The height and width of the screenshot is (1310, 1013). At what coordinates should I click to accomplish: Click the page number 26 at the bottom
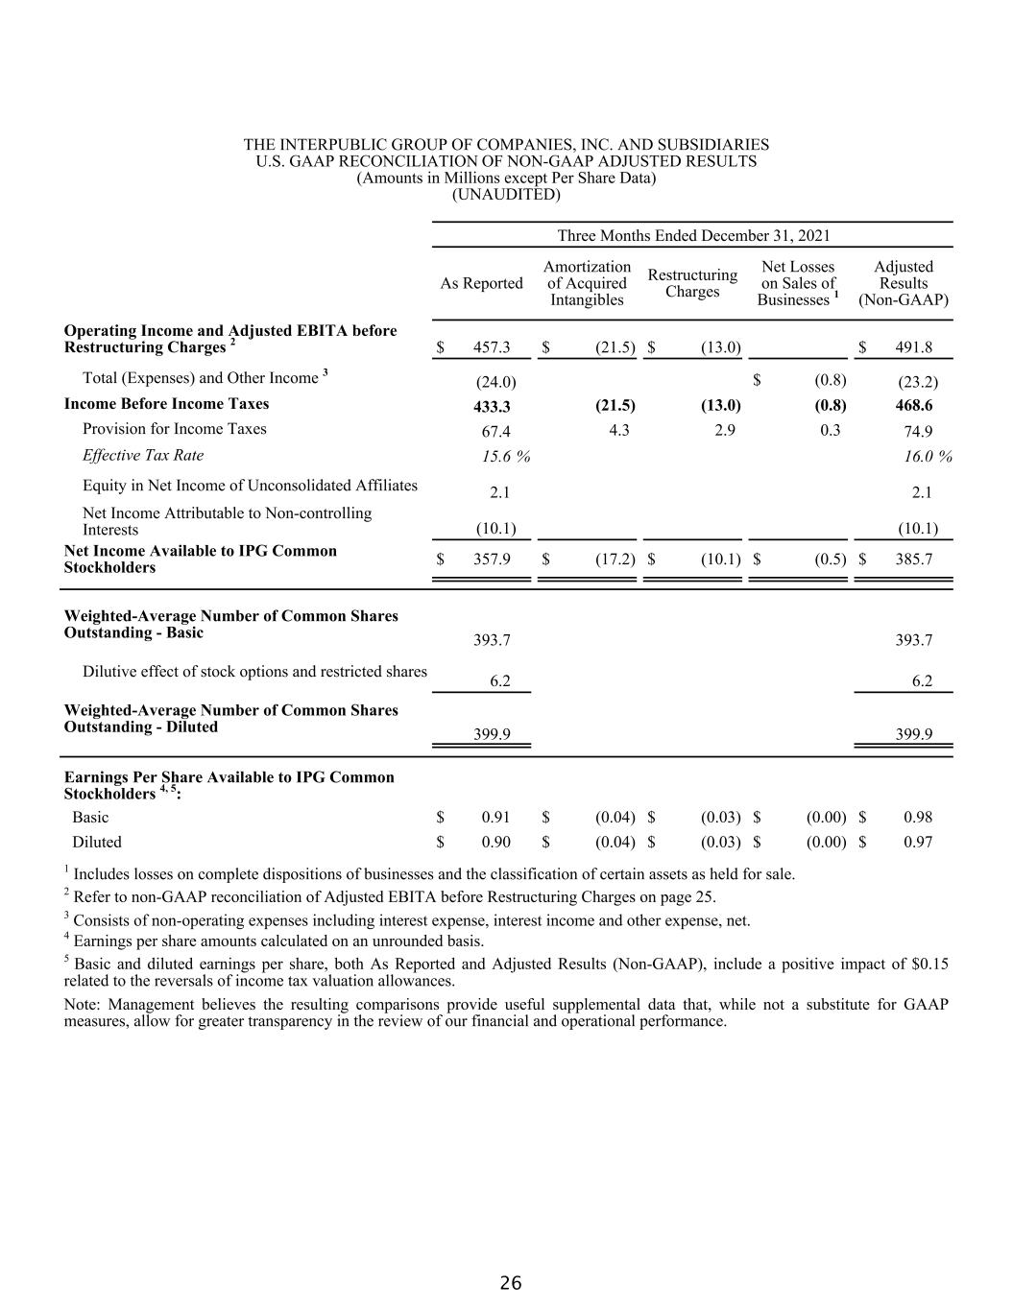click(x=511, y=1283)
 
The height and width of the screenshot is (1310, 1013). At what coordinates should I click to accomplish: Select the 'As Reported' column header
click(x=481, y=283)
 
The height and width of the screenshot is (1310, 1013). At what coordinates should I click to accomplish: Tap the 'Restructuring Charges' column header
click(x=692, y=283)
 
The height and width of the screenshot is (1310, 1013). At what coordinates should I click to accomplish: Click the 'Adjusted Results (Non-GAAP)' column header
click(x=904, y=283)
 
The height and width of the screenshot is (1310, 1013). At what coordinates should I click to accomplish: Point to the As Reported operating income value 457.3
click(x=492, y=348)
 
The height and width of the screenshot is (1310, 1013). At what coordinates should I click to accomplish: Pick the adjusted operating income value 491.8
click(x=913, y=348)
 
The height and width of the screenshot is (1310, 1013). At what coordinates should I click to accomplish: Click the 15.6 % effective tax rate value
click(x=506, y=457)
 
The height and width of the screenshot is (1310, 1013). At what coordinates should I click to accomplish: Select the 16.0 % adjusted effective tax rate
click(x=928, y=457)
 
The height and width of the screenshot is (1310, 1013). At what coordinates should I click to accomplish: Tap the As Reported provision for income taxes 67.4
click(x=495, y=432)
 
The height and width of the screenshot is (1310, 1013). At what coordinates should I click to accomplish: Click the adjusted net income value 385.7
click(x=913, y=559)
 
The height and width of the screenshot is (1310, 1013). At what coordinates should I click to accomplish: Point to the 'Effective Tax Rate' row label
click(x=143, y=455)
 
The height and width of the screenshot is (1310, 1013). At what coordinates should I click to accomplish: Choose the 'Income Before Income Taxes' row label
click(x=166, y=404)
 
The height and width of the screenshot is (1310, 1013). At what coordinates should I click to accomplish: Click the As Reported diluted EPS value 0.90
click(x=495, y=843)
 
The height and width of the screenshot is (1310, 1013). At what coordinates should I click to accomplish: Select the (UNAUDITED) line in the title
click(x=506, y=195)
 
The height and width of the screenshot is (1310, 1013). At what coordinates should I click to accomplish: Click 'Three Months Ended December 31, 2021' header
click(x=693, y=236)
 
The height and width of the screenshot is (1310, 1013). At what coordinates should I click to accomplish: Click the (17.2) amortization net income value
click(x=615, y=559)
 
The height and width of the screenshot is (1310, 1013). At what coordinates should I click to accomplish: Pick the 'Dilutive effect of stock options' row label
click(x=254, y=672)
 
